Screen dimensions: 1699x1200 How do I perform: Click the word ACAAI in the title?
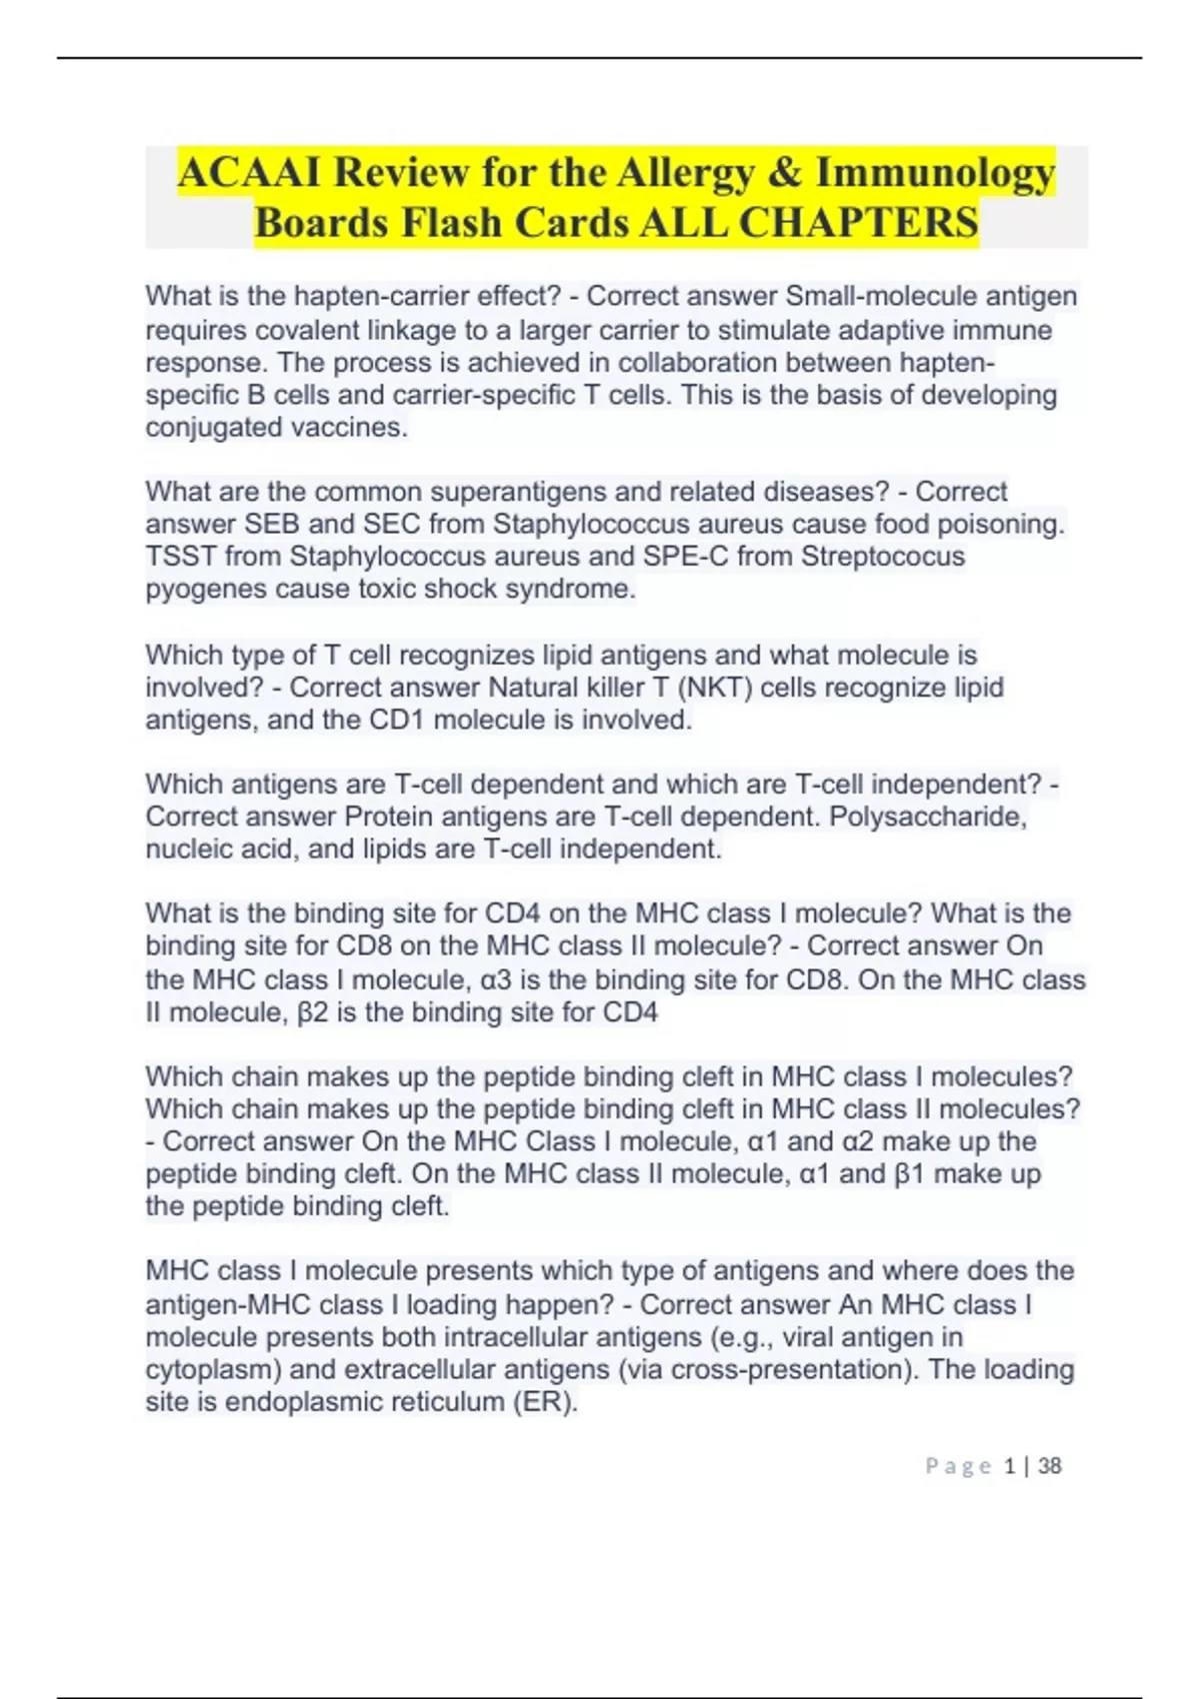pyautogui.click(x=250, y=173)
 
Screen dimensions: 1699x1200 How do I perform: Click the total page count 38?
pyautogui.click(x=1049, y=1466)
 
